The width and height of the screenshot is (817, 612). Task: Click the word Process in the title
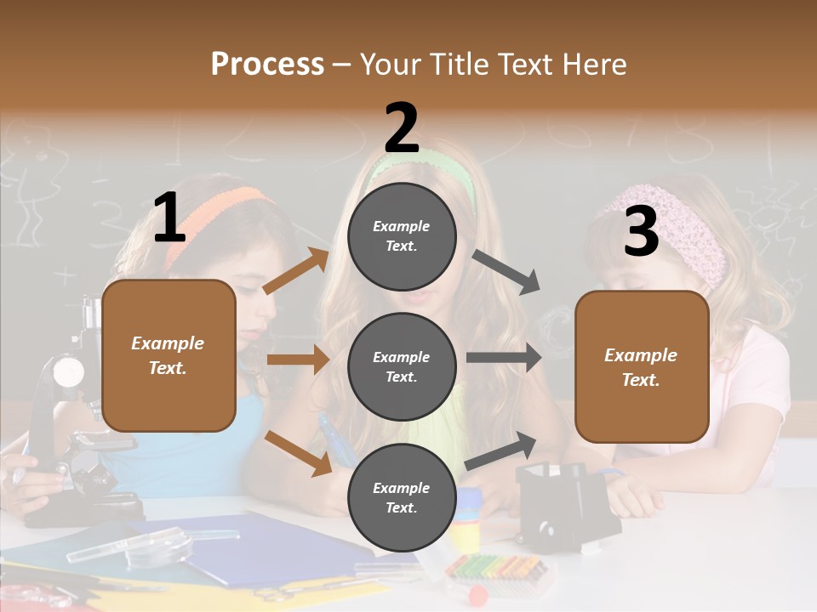[x=267, y=65]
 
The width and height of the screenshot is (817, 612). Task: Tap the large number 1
[x=169, y=218]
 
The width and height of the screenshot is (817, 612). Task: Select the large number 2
[x=402, y=129]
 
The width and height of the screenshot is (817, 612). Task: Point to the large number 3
[x=641, y=231]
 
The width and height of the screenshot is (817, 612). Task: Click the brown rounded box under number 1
[x=169, y=355]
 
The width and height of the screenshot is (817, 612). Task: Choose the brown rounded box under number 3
[x=642, y=367]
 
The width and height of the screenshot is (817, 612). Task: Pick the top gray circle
[x=402, y=236]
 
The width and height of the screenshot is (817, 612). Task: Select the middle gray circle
[x=402, y=367]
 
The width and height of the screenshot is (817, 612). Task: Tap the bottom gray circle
[x=402, y=498]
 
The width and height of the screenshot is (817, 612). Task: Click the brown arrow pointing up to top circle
[x=295, y=271]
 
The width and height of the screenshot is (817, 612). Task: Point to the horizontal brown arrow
[x=297, y=360]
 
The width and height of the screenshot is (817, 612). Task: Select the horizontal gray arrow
[x=504, y=358]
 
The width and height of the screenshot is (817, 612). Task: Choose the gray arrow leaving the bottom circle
[x=501, y=450]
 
